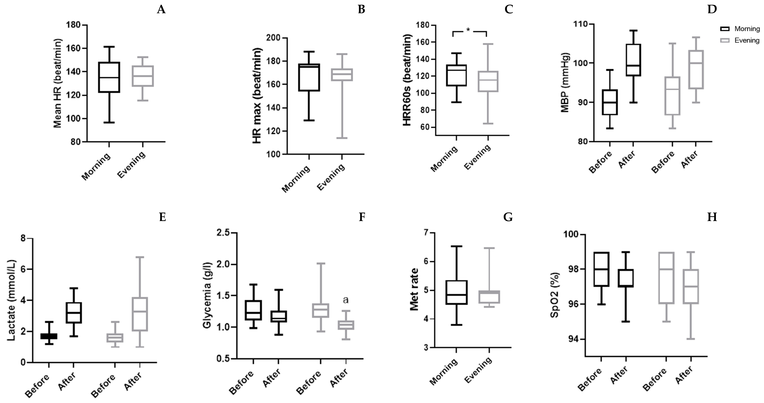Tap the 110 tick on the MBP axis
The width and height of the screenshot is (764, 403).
582,24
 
